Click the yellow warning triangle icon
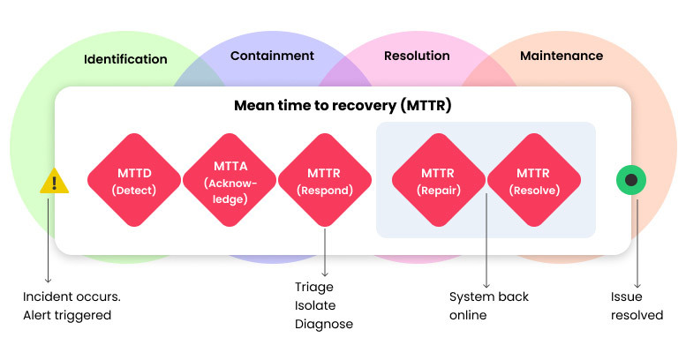[x=54, y=181]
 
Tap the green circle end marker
[x=631, y=180]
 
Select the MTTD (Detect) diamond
[x=134, y=180]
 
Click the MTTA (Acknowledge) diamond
[x=230, y=180]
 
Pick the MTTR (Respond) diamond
[x=325, y=180]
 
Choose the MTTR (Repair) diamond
[x=439, y=180]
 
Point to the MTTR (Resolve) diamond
[x=534, y=180]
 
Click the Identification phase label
[x=125, y=59]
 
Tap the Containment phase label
[x=272, y=56]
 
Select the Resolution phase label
[x=417, y=56]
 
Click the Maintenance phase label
[x=562, y=56]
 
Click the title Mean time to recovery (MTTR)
[x=343, y=105]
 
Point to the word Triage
[x=314, y=287]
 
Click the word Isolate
[x=315, y=305]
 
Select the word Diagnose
[x=324, y=324]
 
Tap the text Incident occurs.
[x=72, y=296]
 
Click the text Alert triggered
[x=67, y=315]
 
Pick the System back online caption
[x=489, y=306]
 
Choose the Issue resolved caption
[x=637, y=306]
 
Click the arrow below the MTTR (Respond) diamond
[x=325, y=252]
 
